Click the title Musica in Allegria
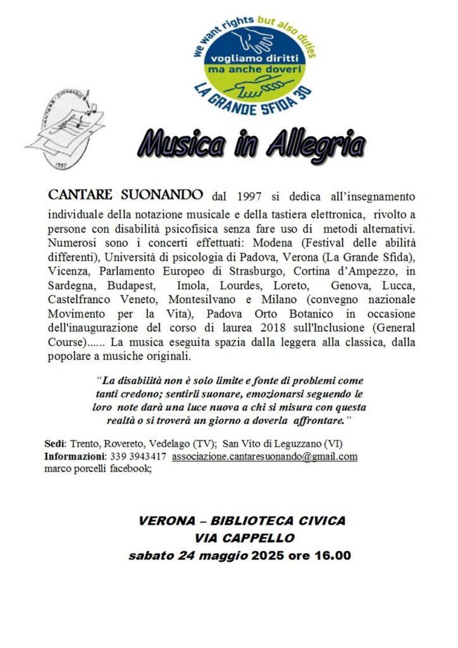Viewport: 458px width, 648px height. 252,145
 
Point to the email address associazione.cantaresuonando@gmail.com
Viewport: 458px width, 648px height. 264,456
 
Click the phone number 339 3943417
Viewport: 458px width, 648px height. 137,456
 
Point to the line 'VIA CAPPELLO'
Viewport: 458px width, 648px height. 242,539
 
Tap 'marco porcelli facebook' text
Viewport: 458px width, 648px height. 97,469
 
